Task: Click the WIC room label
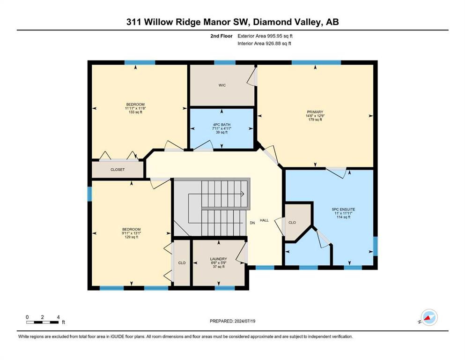pos(222,85)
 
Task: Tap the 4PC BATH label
pos(221,125)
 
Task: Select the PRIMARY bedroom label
pos(315,112)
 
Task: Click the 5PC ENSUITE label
pos(343,209)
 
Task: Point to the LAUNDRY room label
pos(219,259)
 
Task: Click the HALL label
pos(264,220)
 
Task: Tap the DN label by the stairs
pos(252,223)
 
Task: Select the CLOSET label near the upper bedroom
pos(118,170)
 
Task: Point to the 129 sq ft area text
pos(132,237)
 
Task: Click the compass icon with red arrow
pos(429,317)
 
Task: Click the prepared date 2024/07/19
pos(244,321)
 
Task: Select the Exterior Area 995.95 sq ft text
pos(265,36)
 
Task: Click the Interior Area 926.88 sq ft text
pos(264,43)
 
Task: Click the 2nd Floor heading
pos(221,36)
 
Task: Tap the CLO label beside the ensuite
pos(292,223)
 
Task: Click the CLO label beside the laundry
pos(182,262)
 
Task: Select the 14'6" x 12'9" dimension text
pos(315,116)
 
